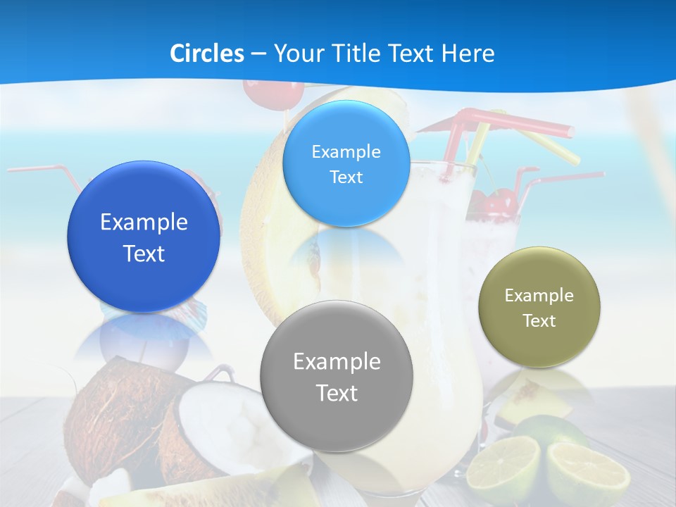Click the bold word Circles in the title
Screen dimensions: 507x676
click(x=206, y=54)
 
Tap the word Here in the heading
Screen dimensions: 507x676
click(x=468, y=54)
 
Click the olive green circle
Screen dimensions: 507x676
click(x=539, y=345)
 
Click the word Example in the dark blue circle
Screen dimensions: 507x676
click(x=144, y=223)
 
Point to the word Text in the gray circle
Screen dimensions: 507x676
click(x=337, y=393)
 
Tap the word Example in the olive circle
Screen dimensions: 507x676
click(x=539, y=295)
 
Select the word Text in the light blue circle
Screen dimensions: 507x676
click(x=346, y=177)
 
